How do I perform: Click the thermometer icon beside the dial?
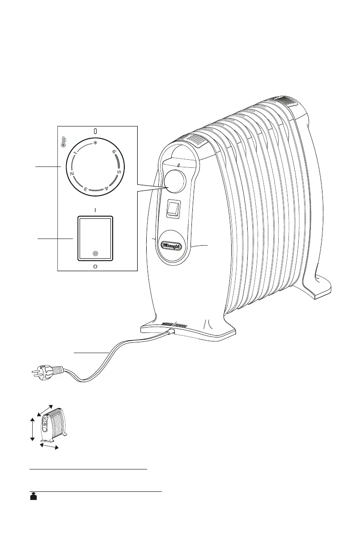click(x=64, y=143)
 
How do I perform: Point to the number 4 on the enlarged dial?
click(x=106, y=188)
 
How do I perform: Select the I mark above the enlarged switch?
click(x=95, y=209)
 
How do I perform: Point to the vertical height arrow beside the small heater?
click(x=32, y=429)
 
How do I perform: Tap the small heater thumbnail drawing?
click(x=54, y=423)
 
